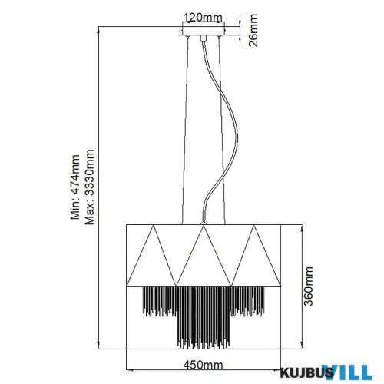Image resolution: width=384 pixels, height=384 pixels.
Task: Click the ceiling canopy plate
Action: pyautogui.click(x=203, y=32)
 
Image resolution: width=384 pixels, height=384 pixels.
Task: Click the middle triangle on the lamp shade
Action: pyautogui.click(x=202, y=253)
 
